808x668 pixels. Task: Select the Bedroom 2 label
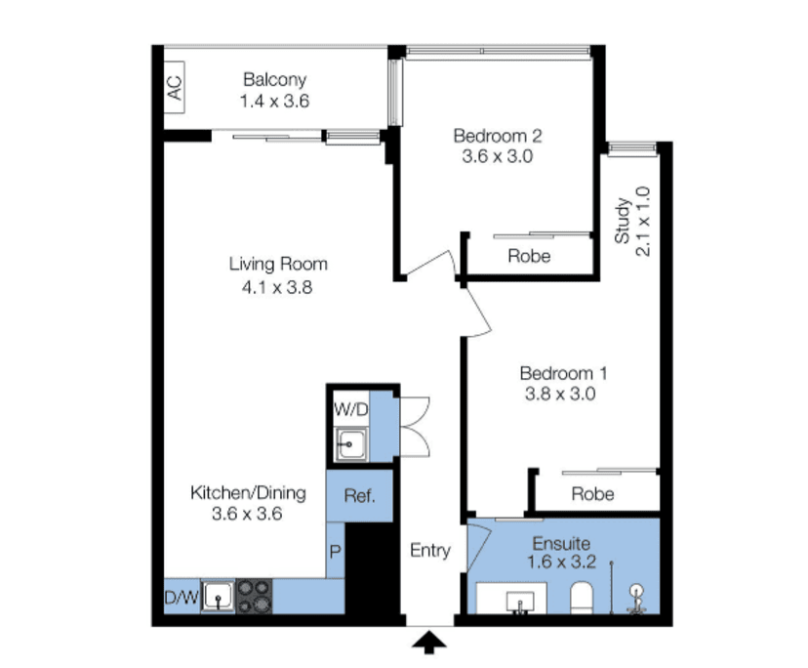(497, 136)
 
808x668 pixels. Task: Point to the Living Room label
(278, 264)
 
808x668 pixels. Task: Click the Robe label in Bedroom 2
(529, 257)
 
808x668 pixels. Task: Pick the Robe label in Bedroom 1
(592, 493)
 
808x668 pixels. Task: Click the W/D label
(350, 409)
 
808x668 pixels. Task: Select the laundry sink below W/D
(349, 447)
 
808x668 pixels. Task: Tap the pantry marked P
(335, 552)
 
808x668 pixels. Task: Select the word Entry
(429, 551)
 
